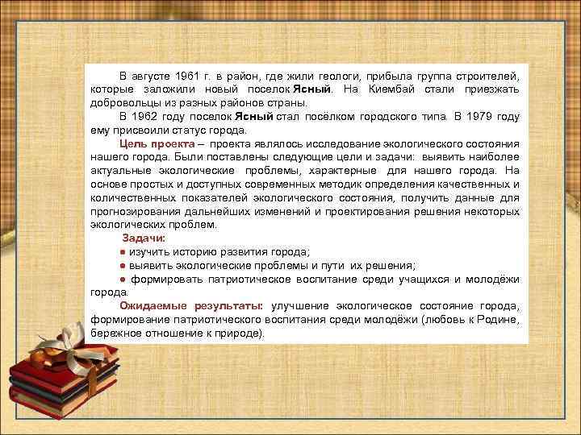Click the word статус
tap(196, 130)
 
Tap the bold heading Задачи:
tap(144, 238)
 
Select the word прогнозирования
tap(132, 211)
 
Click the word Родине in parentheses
tap(483, 320)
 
